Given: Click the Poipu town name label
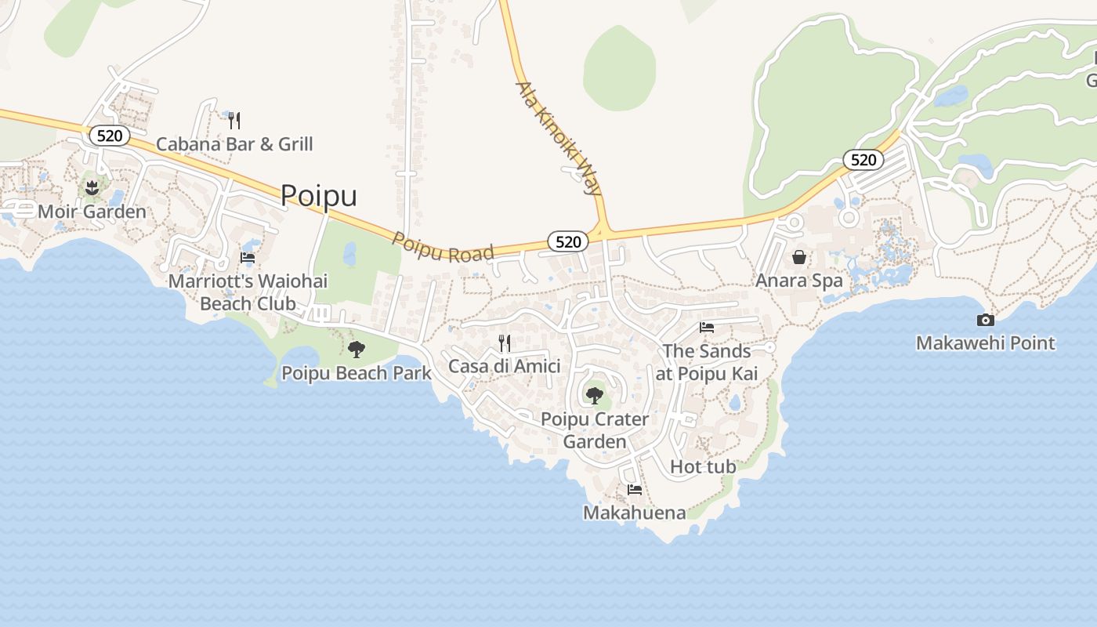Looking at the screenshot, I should point(318,195).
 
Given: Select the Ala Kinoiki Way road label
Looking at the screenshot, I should point(559,137).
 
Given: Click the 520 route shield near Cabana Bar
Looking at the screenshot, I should point(110,136).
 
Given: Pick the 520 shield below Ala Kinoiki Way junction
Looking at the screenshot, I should point(567,241).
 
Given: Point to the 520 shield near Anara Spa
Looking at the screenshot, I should point(863,160).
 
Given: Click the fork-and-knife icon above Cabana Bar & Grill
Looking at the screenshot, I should point(234,121).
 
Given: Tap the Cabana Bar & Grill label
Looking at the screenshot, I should point(234,144).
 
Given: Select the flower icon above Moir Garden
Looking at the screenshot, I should point(92,188).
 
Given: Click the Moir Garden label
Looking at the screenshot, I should point(92,212).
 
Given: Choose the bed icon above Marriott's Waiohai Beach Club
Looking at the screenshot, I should point(248,257).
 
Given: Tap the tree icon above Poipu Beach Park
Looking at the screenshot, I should point(357,349).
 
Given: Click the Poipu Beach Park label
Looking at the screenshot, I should point(357,373).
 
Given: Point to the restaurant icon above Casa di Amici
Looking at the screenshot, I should point(505,342).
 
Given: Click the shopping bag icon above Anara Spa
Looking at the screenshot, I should point(799,256).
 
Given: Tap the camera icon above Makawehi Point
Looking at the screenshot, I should point(986,320).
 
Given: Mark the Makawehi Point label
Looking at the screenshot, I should point(986,343).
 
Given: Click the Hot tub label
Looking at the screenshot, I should point(703,467).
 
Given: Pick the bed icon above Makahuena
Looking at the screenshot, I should point(635,490).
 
